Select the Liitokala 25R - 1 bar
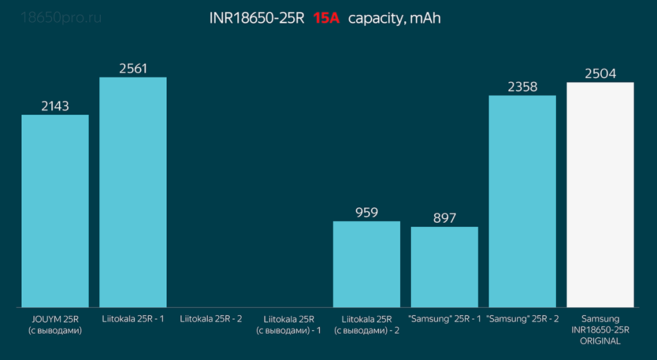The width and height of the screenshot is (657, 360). (133, 192)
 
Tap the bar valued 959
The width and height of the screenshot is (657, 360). (366, 264)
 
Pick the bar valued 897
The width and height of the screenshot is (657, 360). (445, 266)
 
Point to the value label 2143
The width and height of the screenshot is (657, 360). (55, 106)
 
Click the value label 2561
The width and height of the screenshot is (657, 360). (133, 68)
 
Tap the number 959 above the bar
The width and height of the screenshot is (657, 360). (366, 212)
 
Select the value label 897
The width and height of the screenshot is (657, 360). (445, 218)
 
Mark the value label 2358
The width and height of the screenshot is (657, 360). (522, 87)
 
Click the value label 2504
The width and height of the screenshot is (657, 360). (600, 73)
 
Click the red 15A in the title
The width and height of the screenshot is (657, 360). (326, 18)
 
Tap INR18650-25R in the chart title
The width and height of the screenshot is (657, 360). (257, 18)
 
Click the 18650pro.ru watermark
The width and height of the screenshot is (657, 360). (61, 17)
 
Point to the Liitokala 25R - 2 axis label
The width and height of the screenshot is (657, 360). (211, 318)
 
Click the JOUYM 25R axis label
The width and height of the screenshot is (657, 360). (55, 318)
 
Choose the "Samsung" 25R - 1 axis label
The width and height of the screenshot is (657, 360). (445, 318)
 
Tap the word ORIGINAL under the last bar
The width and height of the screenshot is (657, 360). (600, 341)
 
